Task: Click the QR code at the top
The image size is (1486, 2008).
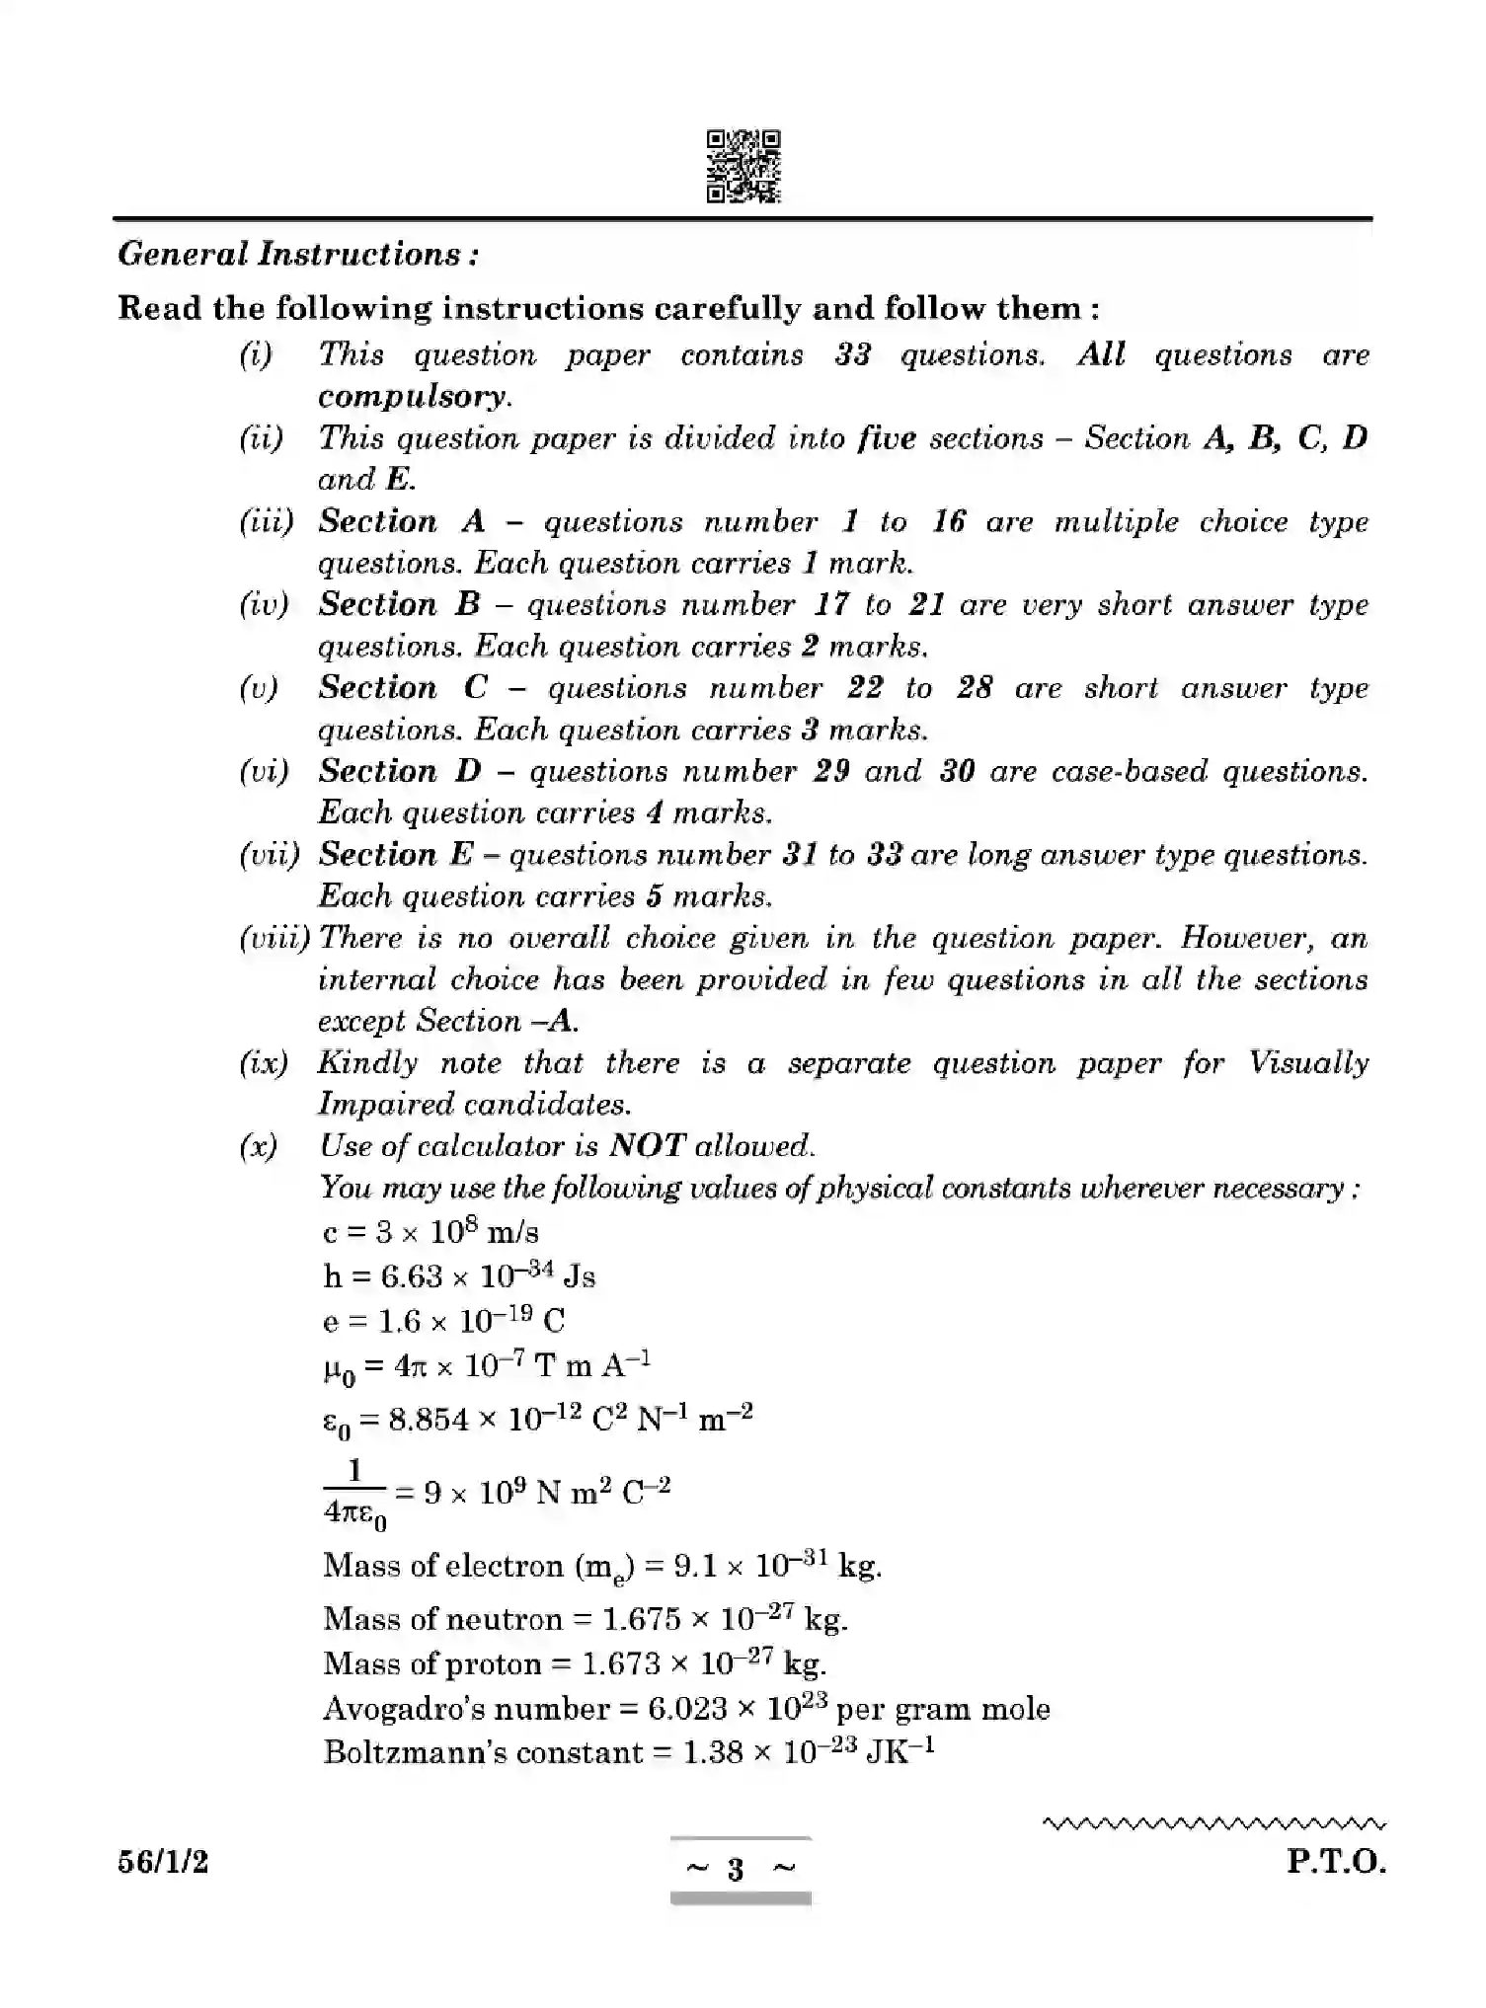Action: point(743,167)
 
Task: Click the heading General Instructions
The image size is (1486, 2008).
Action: point(298,255)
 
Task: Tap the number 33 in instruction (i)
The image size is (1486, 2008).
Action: point(852,354)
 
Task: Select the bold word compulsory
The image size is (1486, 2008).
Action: point(413,397)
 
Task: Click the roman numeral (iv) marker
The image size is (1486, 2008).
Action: point(264,604)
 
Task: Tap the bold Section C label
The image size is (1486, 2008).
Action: point(403,688)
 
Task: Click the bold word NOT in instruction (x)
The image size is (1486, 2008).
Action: point(647,1145)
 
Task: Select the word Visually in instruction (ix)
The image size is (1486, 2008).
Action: point(1307,1062)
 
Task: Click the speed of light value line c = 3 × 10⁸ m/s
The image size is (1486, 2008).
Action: point(430,1232)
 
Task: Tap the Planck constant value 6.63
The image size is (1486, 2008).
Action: point(412,1276)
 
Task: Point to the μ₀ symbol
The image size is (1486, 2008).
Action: point(339,1369)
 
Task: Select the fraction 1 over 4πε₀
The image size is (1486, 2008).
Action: point(354,1493)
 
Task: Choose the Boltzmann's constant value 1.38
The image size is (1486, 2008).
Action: point(712,1753)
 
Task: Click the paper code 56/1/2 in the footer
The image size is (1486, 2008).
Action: point(163,1863)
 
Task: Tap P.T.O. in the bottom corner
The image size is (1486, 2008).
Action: point(1336,1863)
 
